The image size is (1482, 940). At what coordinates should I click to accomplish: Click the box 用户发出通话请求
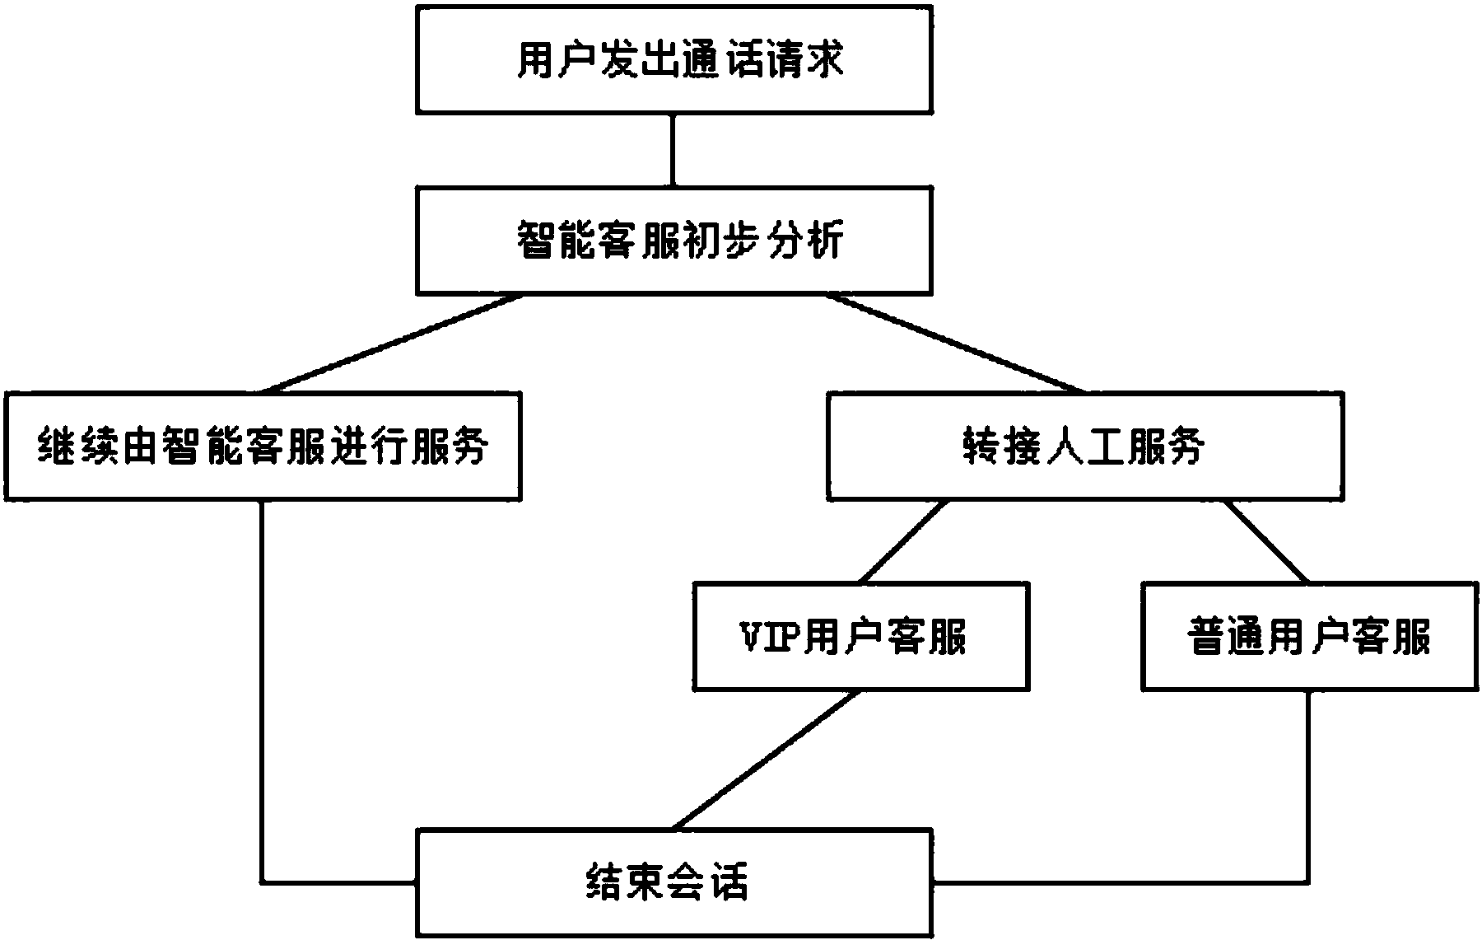coord(673,59)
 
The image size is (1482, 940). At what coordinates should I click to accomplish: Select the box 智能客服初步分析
coord(673,241)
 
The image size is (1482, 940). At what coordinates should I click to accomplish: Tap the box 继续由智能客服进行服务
coord(263,446)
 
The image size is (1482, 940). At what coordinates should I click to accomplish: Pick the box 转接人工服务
coord(1085,446)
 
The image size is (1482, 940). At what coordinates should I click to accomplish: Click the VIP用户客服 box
coord(860,636)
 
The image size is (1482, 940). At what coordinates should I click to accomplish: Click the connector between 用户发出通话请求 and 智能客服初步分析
coord(673,150)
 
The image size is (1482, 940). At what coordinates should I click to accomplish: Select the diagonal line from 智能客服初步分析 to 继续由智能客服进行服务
coord(391,344)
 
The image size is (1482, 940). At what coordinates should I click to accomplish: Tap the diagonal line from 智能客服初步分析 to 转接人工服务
coord(955,344)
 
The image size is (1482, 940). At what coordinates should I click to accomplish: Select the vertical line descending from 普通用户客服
coord(1309,783)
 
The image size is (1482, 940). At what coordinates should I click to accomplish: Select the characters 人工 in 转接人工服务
coord(1085,447)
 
